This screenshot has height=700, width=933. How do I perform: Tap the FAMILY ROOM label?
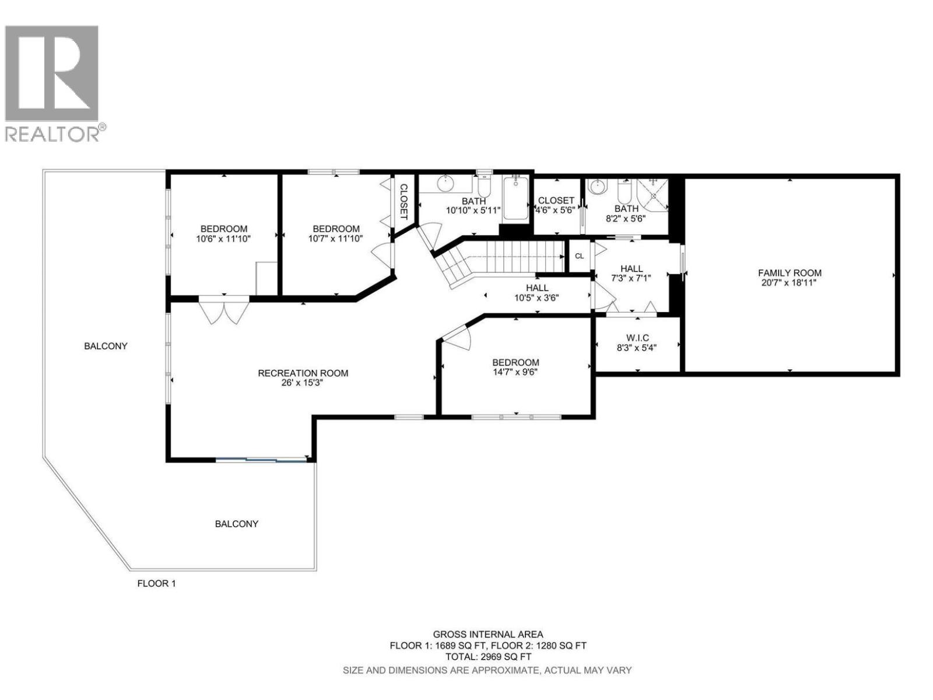pos(790,272)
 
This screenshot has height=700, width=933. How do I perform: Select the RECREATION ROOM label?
pos(303,373)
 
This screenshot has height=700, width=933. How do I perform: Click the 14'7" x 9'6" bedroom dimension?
pos(515,372)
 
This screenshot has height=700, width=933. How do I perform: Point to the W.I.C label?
pos(637,338)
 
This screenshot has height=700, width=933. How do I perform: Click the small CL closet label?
pos(579,256)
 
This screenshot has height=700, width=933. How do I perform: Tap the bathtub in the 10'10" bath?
pos(515,198)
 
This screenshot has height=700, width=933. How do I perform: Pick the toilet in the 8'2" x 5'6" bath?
pos(623,190)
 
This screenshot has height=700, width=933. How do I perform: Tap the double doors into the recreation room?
pos(224,310)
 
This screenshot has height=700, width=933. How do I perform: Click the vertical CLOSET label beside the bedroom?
pos(403,202)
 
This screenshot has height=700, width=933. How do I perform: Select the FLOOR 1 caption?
pos(156,583)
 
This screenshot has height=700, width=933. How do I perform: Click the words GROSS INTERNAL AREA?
pos(487,634)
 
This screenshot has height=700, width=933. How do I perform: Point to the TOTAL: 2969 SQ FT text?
pos(487,656)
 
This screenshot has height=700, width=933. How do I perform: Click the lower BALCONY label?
pos(236,524)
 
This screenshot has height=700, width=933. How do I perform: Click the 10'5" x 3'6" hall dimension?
pos(536,297)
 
